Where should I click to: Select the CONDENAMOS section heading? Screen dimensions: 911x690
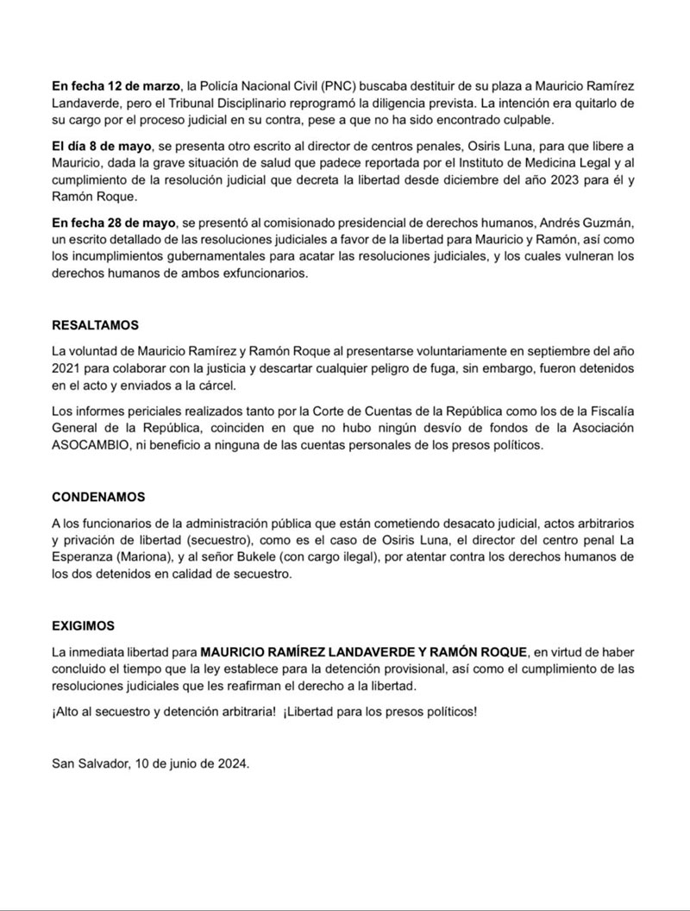coord(99,498)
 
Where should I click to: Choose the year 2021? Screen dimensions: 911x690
coord(68,368)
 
